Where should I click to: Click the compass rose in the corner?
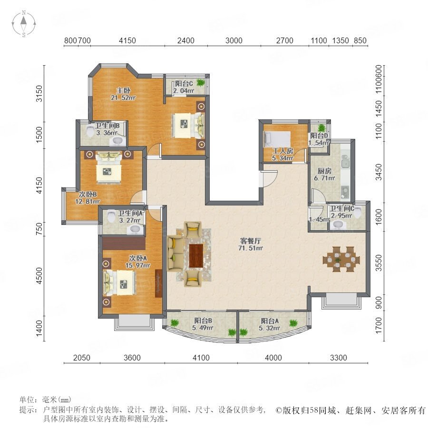pyautogui.click(x=24, y=24)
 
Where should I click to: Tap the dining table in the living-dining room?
pyautogui.click(x=341, y=259)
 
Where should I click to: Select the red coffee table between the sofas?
pyautogui.click(x=196, y=256)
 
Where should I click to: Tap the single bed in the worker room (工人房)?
pyautogui.click(x=277, y=139)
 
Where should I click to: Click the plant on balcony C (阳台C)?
pyautogui.click(x=201, y=82)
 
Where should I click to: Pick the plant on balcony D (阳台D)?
pyautogui.click(x=322, y=127)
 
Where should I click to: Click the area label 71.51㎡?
pyautogui.click(x=251, y=248)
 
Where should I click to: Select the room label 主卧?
pyautogui.click(x=123, y=90)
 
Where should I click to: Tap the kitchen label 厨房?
pyautogui.click(x=324, y=171)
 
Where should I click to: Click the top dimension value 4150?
pyautogui.click(x=127, y=41)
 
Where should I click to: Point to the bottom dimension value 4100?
pyautogui.click(x=201, y=358)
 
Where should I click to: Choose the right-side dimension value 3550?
pyautogui.click(x=379, y=263)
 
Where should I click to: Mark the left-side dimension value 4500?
pyautogui.click(x=40, y=275)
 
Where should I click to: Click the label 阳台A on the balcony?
pyautogui.click(x=270, y=321)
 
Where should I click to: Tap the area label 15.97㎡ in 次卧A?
pyautogui.click(x=137, y=265)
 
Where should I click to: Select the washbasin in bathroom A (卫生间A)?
pyautogui.click(x=135, y=229)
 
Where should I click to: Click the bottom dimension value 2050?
pyautogui.click(x=82, y=358)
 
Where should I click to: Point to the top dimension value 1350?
pyautogui.click(x=340, y=41)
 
